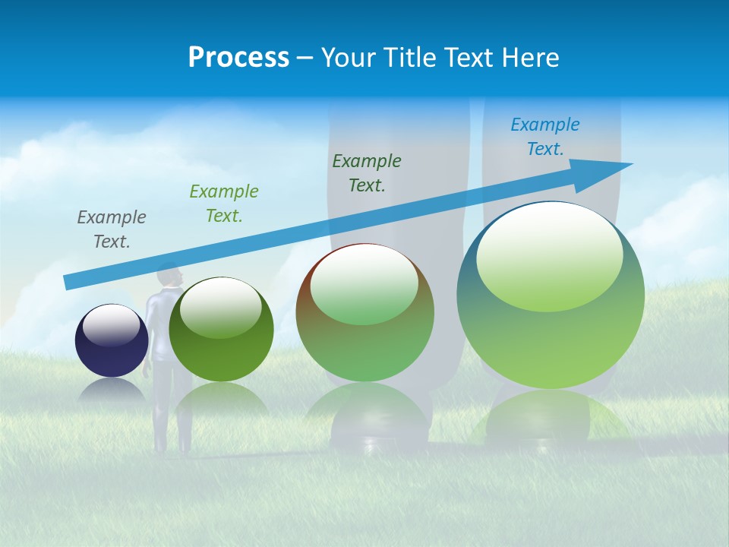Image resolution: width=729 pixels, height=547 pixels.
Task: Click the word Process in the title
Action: [238, 58]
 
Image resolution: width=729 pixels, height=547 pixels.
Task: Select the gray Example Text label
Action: [112, 229]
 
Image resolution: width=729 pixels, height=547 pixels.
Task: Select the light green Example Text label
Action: [224, 204]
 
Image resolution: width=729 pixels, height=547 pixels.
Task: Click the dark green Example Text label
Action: [367, 172]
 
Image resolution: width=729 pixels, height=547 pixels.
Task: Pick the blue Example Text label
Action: [545, 137]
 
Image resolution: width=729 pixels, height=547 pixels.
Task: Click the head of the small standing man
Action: [169, 275]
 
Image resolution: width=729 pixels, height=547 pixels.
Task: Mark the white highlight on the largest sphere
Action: [549, 255]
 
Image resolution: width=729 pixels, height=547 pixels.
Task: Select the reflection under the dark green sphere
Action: [222, 399]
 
